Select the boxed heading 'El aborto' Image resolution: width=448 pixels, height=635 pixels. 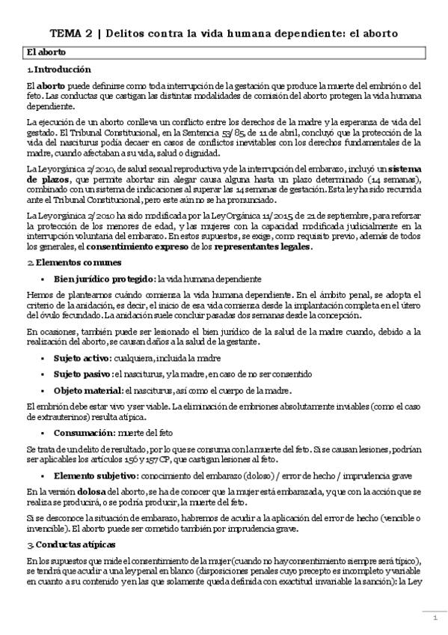click(46, 52)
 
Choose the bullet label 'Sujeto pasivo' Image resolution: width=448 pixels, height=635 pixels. click(82, 374)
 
